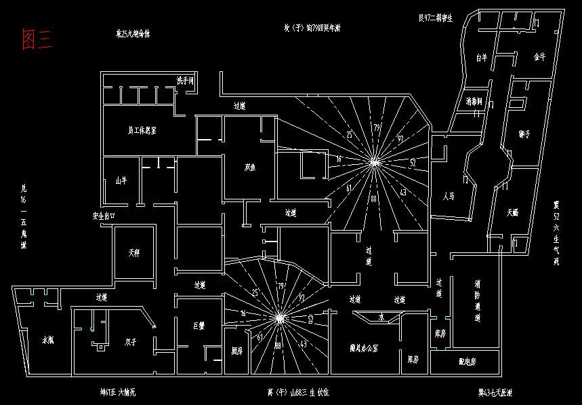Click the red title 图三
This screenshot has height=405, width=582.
[x=37, y=39]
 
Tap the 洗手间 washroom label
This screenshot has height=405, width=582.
[x=185, y=81]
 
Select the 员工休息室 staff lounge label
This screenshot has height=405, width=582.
[x=142, y=130]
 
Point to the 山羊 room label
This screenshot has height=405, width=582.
[x=121, y=180]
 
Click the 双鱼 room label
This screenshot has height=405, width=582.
[x=250, y=168]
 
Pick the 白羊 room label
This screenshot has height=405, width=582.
[x=482, y=58]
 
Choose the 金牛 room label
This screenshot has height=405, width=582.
[x=539, y=58]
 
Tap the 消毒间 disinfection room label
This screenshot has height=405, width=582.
[x=474, y=102]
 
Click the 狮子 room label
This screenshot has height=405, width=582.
[x=524, y=134]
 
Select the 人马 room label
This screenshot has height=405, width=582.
[x=448, y=197]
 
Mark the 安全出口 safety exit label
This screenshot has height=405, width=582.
[x=104, y=216]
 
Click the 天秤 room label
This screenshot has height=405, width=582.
[x=134, y=253]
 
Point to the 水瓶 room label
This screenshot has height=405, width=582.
[x=48, y=340]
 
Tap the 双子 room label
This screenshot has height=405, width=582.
[x=131, y=343]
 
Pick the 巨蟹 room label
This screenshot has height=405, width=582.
[x=199, y=326]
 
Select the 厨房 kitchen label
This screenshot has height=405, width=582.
[x=236, y=351]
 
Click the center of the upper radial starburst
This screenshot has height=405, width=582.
[x=373, y=162]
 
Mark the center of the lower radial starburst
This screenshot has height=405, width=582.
[x=279, y=317]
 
